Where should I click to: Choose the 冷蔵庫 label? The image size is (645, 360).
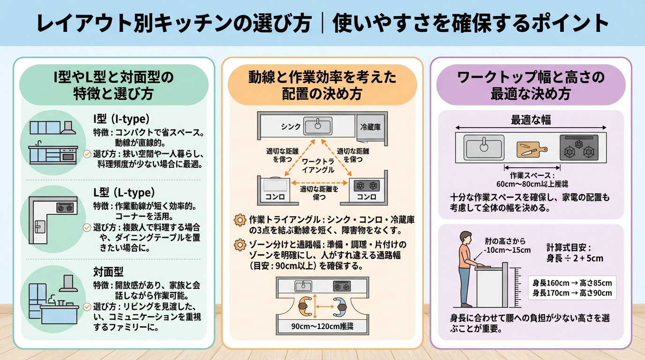tap(371, 127)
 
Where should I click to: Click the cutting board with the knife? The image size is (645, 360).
tap(532, 149)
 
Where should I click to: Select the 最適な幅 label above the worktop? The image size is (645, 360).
tap(531, 120)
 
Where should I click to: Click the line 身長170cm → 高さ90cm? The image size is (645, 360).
tap(572, 293)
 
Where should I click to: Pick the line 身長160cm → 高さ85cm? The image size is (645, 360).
tap(572, 283)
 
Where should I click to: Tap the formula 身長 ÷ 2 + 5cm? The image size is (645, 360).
tap(575, 258)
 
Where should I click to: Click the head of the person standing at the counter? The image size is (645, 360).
tap(465, 237)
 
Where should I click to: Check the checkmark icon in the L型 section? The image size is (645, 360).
tap(87, 227)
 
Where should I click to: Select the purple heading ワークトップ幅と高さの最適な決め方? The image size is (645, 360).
tap(531, 85)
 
